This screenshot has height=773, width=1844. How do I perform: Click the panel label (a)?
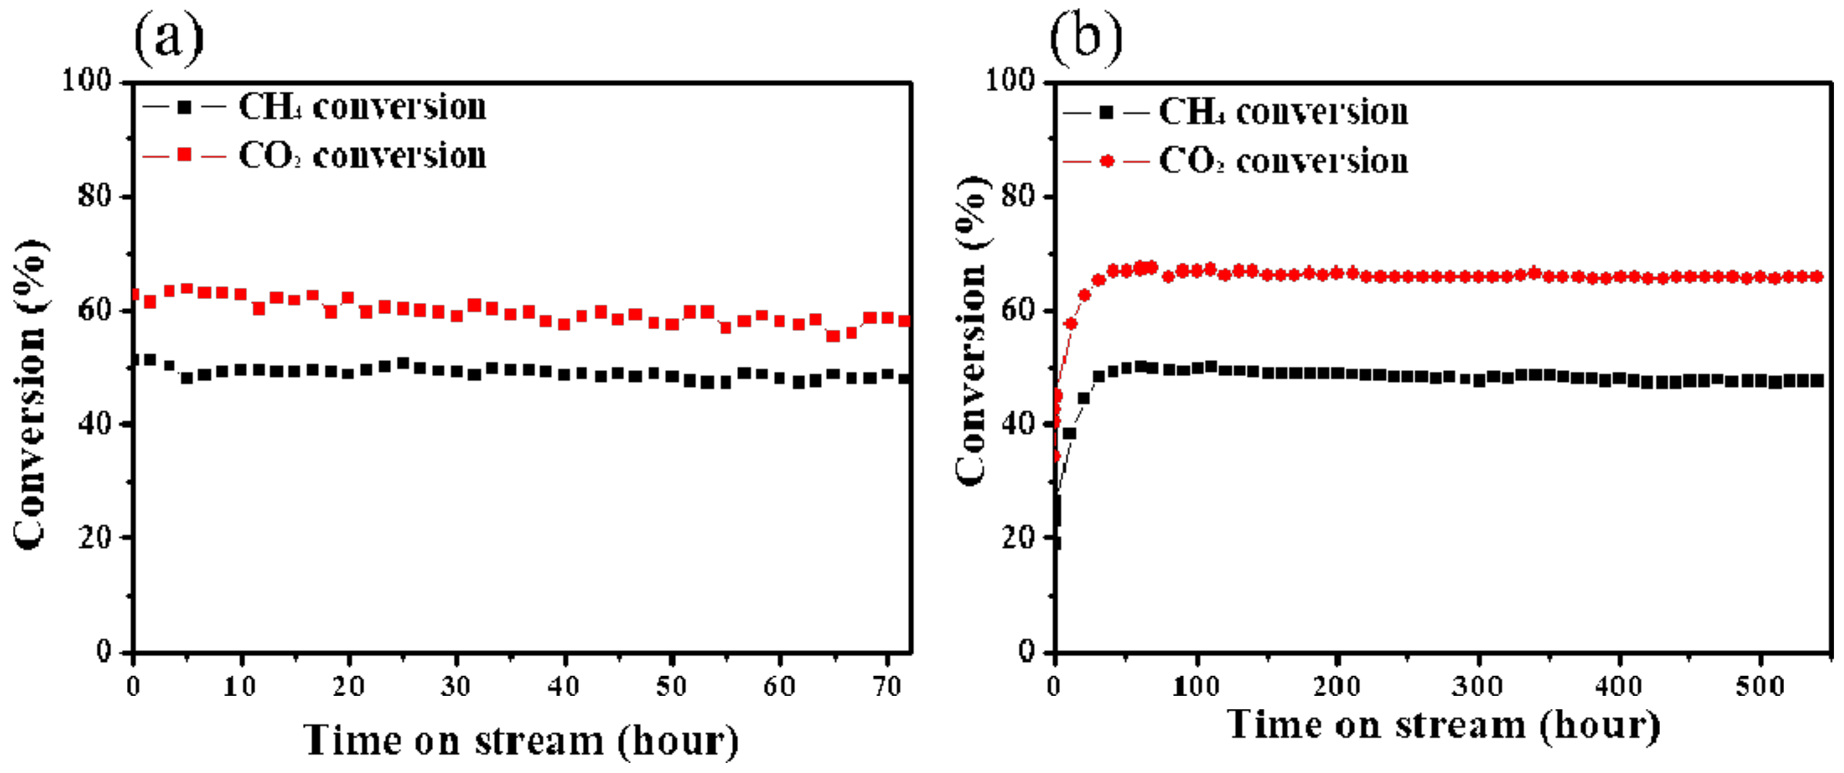click(x=169, y=39)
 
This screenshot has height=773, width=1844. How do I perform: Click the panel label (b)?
click(x=1085, y=39)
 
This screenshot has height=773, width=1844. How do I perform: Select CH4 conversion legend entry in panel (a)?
click(x=315, y=107)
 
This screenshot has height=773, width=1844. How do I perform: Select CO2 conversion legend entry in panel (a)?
click(x=315, y=155)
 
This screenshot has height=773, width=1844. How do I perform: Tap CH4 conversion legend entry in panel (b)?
click(x=1235, y=112)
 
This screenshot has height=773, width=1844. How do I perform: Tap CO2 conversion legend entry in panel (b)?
click(x=1235, y=161)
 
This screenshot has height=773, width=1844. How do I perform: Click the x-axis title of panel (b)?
click(x=1443, y=725)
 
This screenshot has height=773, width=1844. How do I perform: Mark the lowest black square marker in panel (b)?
click(x=1056, y=543)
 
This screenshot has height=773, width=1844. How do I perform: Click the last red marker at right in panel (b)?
click(x=1816, y=276)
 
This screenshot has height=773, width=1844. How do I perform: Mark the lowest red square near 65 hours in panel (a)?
click(x=833, y=336)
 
